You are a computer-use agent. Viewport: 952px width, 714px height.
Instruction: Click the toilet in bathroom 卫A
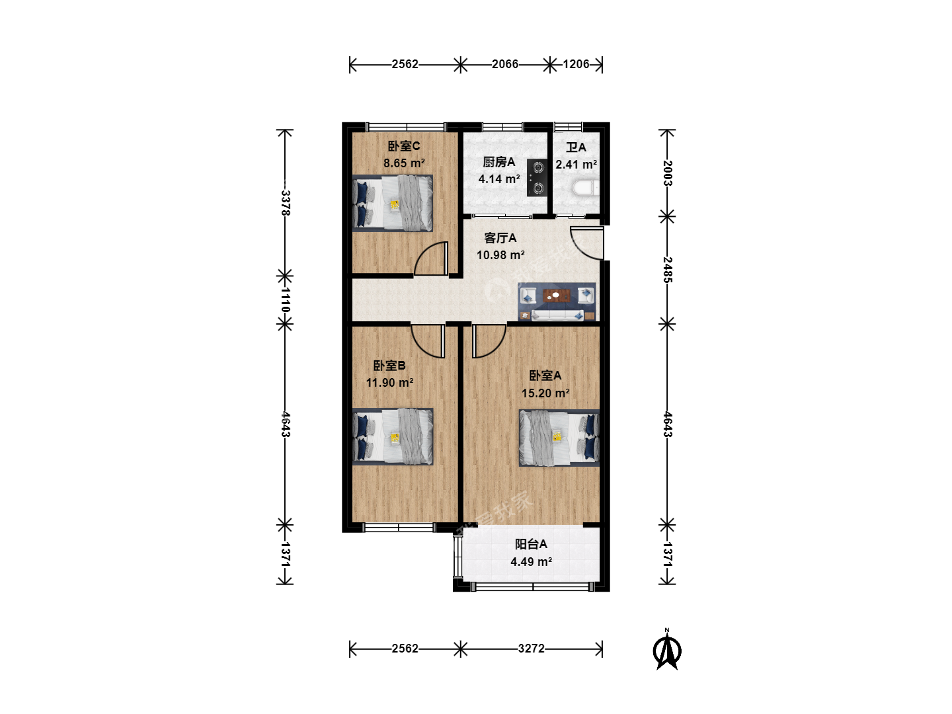click(x=586, y=189)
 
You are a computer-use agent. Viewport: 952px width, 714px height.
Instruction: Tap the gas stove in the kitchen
click(x=537, y=178)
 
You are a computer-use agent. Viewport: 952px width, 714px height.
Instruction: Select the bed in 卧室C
click(x=393, y=204)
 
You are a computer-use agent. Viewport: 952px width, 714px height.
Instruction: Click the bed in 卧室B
click(x=393, y=436)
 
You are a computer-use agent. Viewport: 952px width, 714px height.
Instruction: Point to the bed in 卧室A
click(x=559, y=438)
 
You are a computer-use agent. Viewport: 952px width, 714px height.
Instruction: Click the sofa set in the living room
click(x=557, y=301)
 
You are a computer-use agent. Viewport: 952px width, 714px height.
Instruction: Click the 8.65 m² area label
click(x=404, y=163)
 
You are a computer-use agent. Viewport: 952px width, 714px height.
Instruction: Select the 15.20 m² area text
click(x=545, y=393)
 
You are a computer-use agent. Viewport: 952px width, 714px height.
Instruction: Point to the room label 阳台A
click(x=531, y=544)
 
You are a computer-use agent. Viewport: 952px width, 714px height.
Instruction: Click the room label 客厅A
click(x=500, y=238)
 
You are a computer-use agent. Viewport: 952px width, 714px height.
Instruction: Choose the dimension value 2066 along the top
click(x=505, y=64)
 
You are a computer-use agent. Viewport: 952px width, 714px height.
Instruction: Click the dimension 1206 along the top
click(x=576, y=64)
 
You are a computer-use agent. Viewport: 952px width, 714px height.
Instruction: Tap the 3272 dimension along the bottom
click(x=532, y=649)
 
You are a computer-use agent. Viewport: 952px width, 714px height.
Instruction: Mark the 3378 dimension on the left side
click(x=286, y=203)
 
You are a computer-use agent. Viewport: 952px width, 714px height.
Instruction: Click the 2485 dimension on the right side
click(x=668, y=270)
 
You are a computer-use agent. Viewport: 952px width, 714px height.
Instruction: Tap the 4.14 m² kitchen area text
click(x=499, y=179)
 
